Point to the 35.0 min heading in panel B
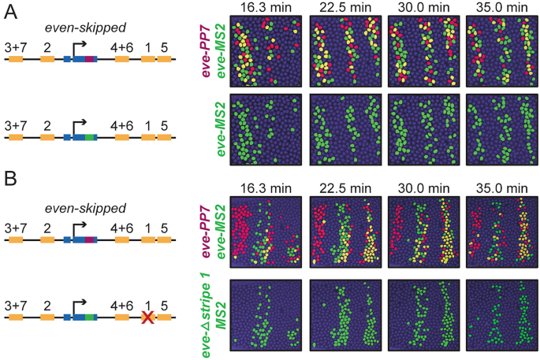500,188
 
